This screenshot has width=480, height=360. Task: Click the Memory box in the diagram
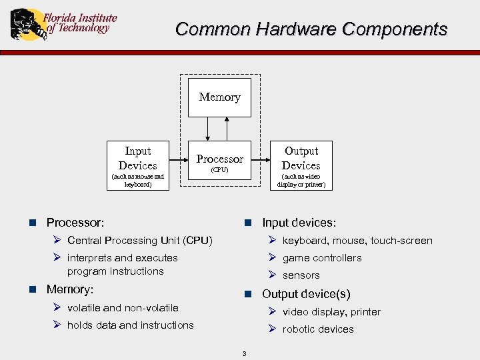(219, 97)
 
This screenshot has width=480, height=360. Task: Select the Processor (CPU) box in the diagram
(219, 161)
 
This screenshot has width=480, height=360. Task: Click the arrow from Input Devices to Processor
(177, 160)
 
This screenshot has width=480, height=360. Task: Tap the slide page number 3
(244, 353)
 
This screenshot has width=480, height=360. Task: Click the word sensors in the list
(301, 275)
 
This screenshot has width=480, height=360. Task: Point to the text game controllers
(321, 258)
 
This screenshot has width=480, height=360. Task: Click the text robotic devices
(317, 329)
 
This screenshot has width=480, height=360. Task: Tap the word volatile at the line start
(83, 308)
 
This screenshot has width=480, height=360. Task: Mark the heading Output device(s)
(306, 294)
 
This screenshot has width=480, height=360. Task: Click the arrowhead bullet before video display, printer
(272, 311)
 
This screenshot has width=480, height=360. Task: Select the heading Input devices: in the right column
(299, 223)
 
